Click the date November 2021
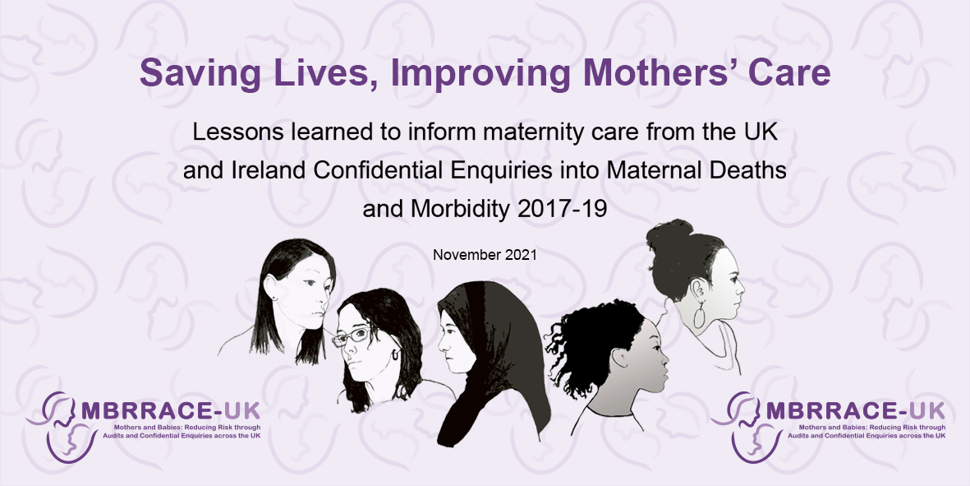pos(485,254)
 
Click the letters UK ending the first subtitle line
pos(762,132)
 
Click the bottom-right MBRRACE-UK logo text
pos(856,411)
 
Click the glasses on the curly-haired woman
pos(352,336)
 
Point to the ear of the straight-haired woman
pos(270,287)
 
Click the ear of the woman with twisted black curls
pos(620,357)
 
